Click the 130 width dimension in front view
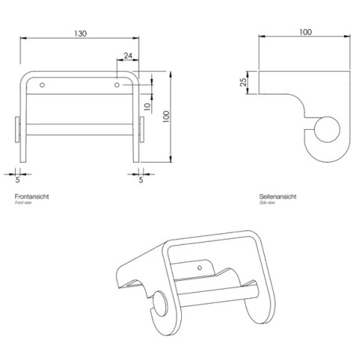click(x=81, y=34)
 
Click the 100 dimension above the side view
click(x=305, y=32)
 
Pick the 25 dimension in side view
click(x=244, y=82)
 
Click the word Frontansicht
click(x=32, y=196)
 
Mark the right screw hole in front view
click(x=118, y=83)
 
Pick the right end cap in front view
click(x=142, y=130)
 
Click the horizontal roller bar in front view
click(x=80, y=125)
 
